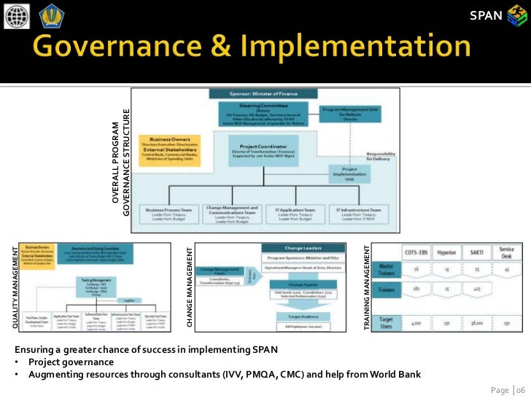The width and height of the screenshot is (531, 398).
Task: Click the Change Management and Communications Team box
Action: click(231, 214)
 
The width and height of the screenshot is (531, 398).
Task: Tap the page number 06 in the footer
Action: click(520, 389)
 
